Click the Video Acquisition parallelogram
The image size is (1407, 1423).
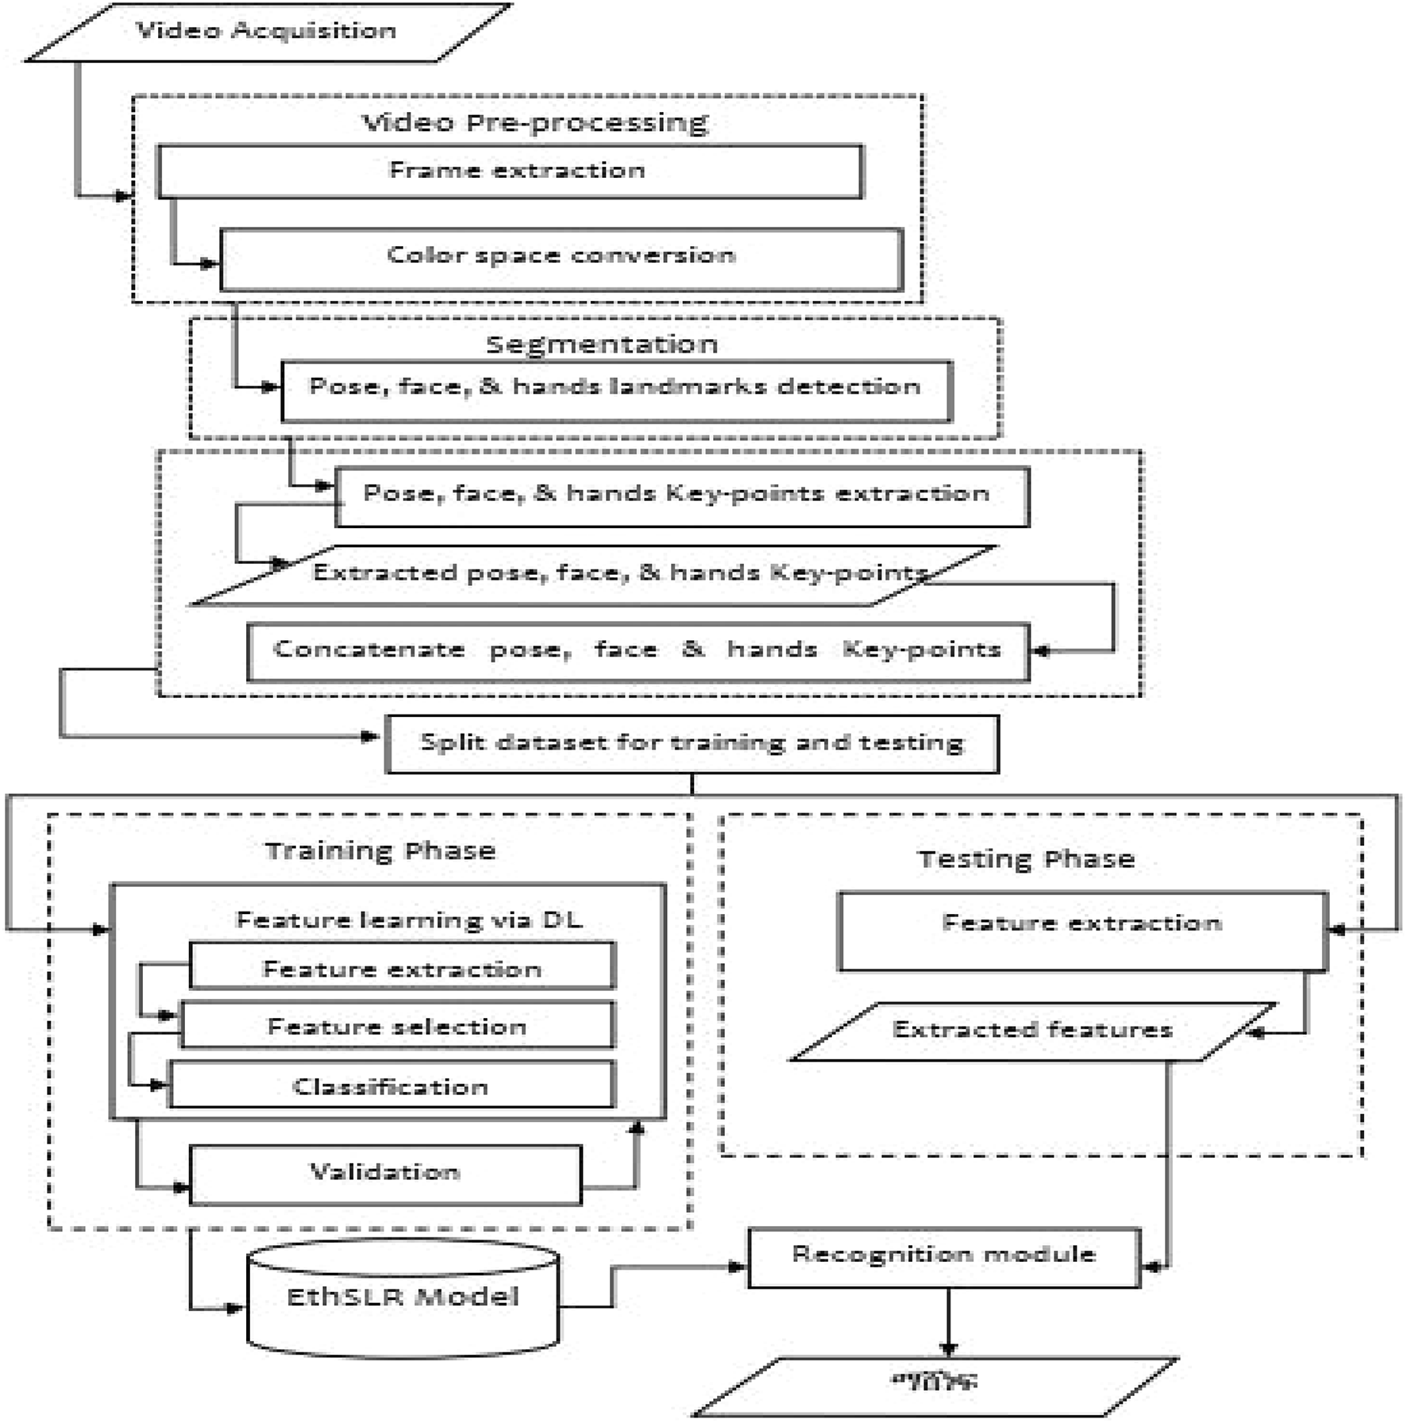pyautogui.click(x=268, y=32)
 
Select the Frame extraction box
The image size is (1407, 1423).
pyautogui.click(x=511, y=172)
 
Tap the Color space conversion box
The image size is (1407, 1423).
pyautogui.click(x=561, y=258)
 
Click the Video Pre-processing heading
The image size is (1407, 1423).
pyautogui.click(x=534, y=122)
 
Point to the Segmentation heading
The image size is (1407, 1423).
pyautogui.click(x=602, y=344)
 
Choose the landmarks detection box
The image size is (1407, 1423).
pyautogui.click(x=616, y=389)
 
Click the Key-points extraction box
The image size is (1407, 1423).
pyautogui.click(x=681, y=496)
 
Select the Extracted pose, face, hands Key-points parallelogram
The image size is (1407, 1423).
pyautogui.click(x=592, y=575)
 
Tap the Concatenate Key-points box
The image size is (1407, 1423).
pyautogui.click(x=638, y=651)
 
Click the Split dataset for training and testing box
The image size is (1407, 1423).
pyautogui.click(x=692, y=743)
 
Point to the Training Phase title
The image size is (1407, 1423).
pyautogui.click(x=380, y=851)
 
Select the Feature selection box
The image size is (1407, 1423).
pyautogui.click(x=397, y=1026)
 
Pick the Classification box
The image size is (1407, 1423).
pyautogui.click(x=391, y=1086)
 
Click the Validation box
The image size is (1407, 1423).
pyautogui.click(x=385, y=1174)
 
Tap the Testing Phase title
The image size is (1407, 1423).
pyautogui.click(x=1026, y=859)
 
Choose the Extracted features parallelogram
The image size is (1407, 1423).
pyautogui.click(x=1032, y=1031)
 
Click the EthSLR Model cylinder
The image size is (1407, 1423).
pyautogui.click(x=403, y=1298)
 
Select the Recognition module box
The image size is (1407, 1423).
pyautogui.click(x=943, y=1256)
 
